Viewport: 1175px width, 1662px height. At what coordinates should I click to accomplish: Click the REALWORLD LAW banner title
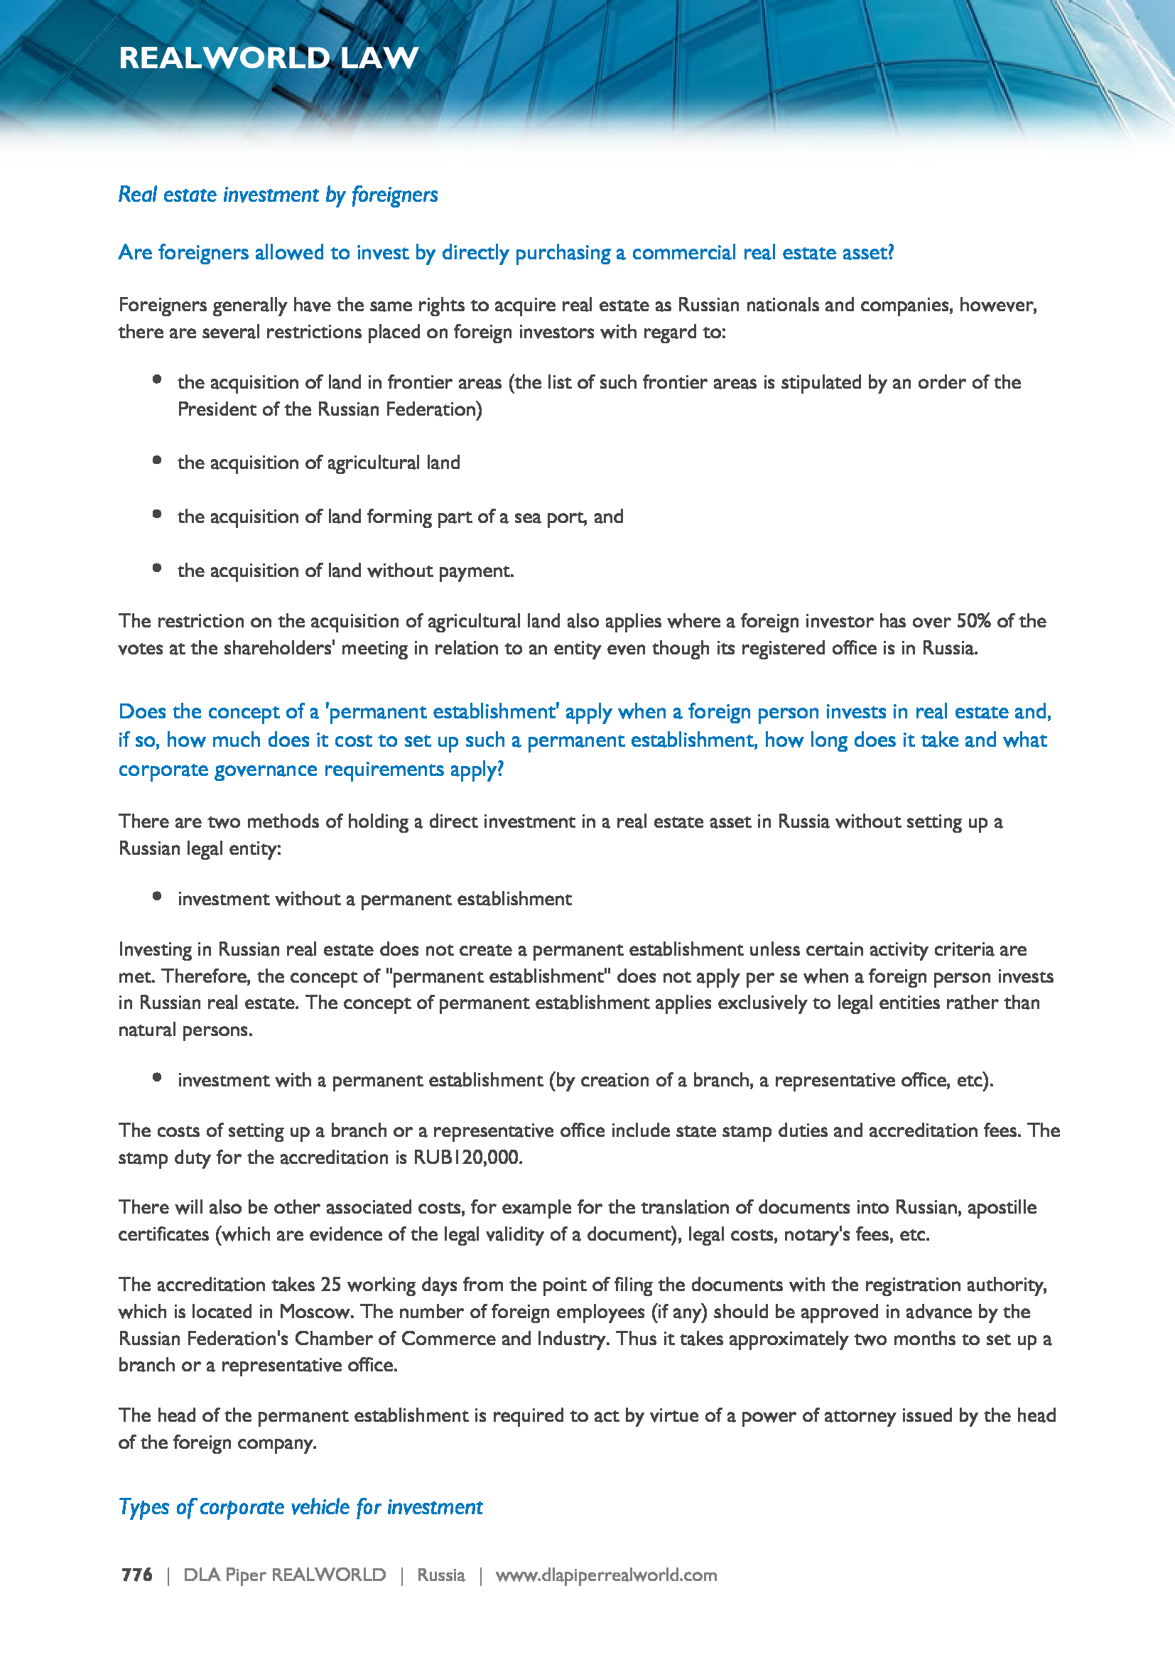(x=269, y=58)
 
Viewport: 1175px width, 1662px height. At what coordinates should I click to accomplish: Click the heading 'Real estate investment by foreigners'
(x=278, y=195)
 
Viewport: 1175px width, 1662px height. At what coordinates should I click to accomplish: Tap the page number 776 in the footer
(x=136, y=1575)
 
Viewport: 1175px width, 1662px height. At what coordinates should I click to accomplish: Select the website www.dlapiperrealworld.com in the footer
(x=605, y=1575)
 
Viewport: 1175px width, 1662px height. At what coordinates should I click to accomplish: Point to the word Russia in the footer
(x=440, y=1575)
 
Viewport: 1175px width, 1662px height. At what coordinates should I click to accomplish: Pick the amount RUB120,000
(x=467, y=1158)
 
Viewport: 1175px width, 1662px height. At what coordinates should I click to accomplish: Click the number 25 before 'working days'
(x=330, y=1285)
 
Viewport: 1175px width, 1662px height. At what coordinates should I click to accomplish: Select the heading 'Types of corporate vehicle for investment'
(x=300, y=1507)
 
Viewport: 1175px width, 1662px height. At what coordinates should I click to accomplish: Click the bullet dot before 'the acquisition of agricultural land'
(x=157, y=460)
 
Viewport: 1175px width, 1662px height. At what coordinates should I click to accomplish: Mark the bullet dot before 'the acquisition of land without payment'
(x=157, y=568)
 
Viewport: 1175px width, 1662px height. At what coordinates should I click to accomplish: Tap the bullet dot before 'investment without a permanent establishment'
(x=157, y=896)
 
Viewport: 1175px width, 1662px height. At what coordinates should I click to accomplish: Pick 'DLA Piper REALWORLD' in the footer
(x=284, y=1575)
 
